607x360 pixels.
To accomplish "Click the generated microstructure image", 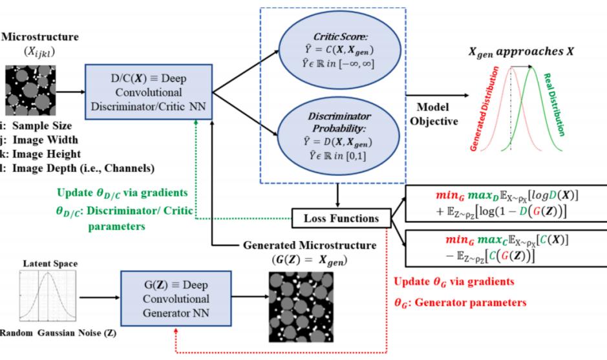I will tap(299, 306).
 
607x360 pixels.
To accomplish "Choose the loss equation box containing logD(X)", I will tap(504, 204).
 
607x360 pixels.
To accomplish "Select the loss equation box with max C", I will tap(504, 248).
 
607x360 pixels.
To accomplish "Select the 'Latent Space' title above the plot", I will tap(50, 264).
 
